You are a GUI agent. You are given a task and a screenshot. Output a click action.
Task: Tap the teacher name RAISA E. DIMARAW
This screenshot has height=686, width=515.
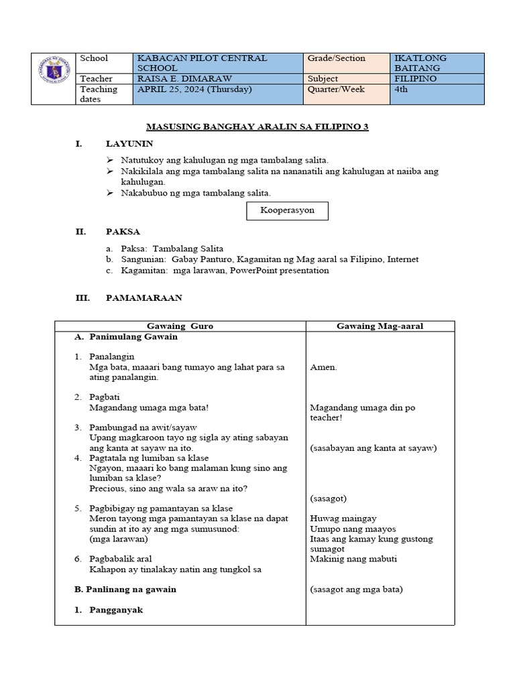[x=184, y=79]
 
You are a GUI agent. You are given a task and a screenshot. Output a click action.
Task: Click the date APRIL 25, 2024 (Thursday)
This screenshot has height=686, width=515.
[x=194, y=89]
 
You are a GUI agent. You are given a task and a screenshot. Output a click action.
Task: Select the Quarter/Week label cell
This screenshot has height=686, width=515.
[x=337, y=89]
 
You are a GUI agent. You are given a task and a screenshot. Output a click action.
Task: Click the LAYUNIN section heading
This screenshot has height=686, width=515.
[x=129, y=143]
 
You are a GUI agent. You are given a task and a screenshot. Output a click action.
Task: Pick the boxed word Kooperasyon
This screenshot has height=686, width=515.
[x=286, y=211]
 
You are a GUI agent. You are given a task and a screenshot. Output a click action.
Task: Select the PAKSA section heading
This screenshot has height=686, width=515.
[x=123, y=232]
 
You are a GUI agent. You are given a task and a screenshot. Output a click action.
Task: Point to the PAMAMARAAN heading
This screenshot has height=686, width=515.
[x=144, y=297]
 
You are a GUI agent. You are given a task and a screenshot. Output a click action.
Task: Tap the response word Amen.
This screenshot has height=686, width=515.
[x=324, y=367]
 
